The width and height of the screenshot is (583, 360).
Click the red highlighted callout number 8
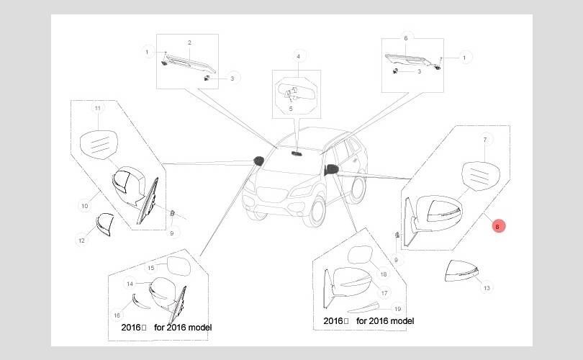(x=497, y=226)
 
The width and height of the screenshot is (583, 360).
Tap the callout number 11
(x=98, y=108)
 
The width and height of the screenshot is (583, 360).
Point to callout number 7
(x=485, y=139)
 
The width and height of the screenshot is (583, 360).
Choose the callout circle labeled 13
(x=487, y=287)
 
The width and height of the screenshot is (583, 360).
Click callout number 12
(x=81, y=240)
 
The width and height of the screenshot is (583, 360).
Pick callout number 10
(x=84, y=206)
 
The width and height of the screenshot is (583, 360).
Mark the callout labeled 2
(x=189, y=42)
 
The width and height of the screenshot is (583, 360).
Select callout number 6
(x=405, y=37)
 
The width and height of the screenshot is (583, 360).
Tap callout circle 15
(x=150, y=268)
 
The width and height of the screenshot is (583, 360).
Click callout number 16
(x=117, y=315)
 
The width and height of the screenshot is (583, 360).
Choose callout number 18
(x=384, y=274)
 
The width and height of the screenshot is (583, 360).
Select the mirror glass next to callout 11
(x=99, y=144)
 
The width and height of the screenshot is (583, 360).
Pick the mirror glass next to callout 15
(x=177, y=268)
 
